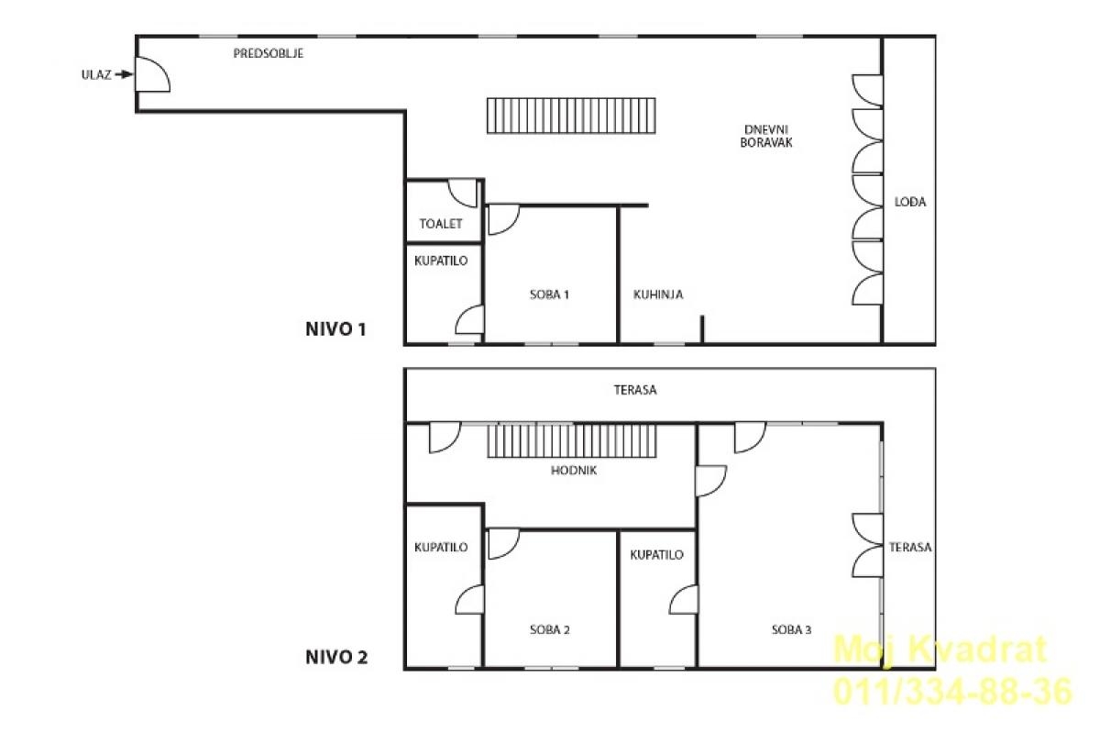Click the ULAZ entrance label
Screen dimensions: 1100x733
click(x=96, y=74)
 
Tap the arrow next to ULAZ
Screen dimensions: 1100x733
click(x=125, y=74)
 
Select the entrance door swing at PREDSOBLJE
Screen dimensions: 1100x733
click(x=153, y=74)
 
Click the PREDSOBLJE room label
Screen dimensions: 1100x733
click(x=268, y=53)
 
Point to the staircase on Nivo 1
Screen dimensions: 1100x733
click(x=571, y=116)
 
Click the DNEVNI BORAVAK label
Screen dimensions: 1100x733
click(x=766, y=136)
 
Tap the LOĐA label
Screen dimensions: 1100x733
click(x=910, y=202)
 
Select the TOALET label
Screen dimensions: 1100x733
click(x=441, y=224)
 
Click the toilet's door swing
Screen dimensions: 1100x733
click(x=463, y=193)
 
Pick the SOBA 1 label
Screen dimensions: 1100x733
click(x=549, y=294)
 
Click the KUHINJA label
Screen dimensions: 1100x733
click(x=658, y=294)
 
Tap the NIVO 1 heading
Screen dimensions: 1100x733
click(x=335, y=329)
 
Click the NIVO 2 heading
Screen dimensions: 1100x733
click(x=336, y=657)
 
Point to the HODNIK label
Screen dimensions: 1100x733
click(x=574, y=471)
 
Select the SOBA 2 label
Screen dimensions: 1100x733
click(x=549, y=629)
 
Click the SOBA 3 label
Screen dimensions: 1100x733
click(x=791, y=629)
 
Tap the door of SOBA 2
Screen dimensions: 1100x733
click(x=504, y=544)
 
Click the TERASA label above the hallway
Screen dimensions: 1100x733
click(x=635, y=390)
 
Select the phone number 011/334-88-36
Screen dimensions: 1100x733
click(x=952, y=691)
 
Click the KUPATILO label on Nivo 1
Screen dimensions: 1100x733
click(x=441, y=261)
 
